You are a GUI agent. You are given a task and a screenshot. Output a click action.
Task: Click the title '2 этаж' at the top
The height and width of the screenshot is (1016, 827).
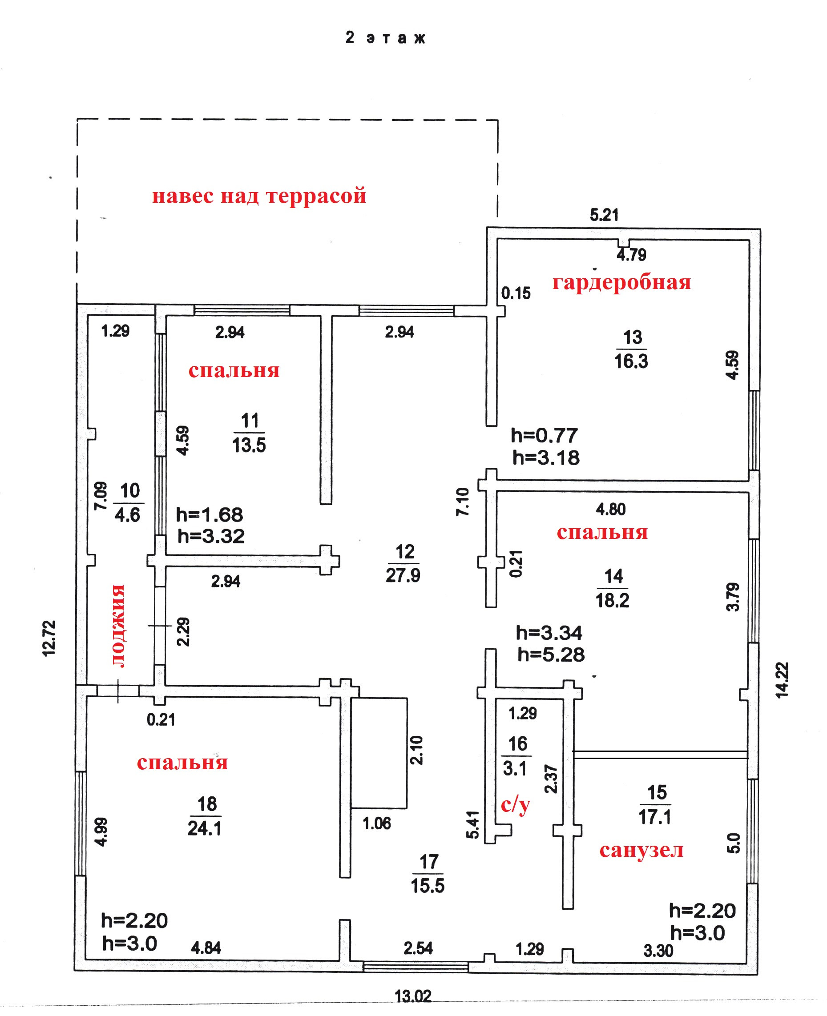pos(385,38)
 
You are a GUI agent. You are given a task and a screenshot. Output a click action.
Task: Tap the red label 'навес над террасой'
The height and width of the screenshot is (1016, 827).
pos(259,196)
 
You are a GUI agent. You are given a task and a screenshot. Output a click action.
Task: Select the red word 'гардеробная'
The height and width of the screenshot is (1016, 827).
pos(621,283)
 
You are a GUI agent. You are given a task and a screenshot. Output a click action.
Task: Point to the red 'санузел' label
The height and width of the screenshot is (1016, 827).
pos(641,850)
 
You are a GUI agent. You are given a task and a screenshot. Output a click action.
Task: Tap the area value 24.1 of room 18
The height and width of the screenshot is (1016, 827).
pos(204,828)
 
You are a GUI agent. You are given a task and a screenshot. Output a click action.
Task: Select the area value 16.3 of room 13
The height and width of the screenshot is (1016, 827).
pos(631,361)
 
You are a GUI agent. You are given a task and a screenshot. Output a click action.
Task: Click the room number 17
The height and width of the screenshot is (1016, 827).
pos(429,862)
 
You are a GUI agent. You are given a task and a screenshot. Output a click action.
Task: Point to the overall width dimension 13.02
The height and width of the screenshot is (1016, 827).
pos(413,996)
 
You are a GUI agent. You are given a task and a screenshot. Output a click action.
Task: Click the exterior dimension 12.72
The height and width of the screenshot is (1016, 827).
pos(49,639)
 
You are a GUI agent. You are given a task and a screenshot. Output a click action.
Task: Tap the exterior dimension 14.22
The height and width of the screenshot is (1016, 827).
pos(782,680)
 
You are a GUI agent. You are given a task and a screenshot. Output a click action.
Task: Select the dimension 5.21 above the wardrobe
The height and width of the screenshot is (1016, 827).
pos(604,215)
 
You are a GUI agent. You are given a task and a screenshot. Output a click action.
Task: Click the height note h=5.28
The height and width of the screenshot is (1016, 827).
pos(551,655)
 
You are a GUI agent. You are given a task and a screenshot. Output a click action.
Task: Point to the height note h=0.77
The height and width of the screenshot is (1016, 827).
pos(545,435)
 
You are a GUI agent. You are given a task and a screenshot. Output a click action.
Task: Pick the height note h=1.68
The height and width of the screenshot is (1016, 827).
pos(210,514)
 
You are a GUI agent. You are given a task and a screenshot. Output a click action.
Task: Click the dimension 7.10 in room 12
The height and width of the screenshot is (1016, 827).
pos(463,502)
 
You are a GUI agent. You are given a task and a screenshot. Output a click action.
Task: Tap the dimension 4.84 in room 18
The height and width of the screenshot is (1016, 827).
pos(206,948)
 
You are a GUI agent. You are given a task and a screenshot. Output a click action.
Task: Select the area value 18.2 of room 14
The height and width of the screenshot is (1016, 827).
pos(612,600)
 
